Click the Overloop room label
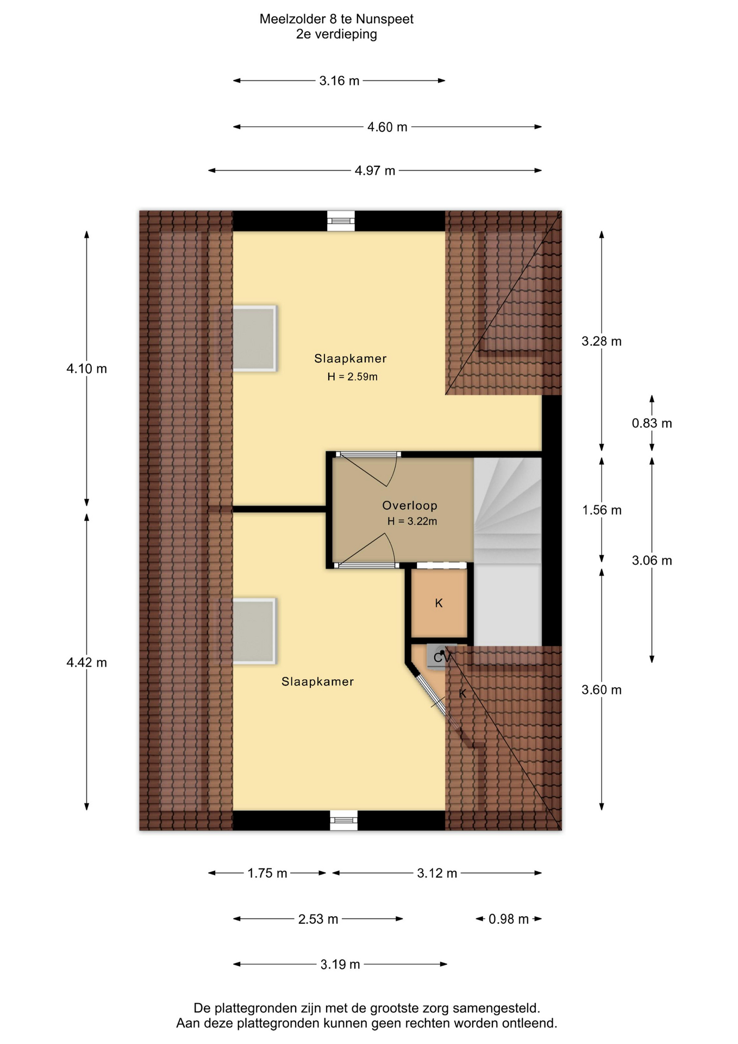(409, 506)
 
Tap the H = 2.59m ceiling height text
(352, 376)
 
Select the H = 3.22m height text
(412, 521)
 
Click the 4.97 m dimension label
(375, 171)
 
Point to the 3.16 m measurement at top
(339, 81)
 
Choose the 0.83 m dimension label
(652, 423)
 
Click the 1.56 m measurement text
(602, 510)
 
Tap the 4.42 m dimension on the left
(87, 662)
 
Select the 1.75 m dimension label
(267, 873)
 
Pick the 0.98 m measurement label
(509, 919)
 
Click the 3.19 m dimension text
(340, 965)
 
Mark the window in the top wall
(341, 221)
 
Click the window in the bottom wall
(344, 820)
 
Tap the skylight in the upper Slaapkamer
(254, 338)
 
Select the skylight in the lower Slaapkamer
(254, 631)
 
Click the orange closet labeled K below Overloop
(439, 603)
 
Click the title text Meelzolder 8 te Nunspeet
(336, 19)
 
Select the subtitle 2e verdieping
(336, 34)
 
